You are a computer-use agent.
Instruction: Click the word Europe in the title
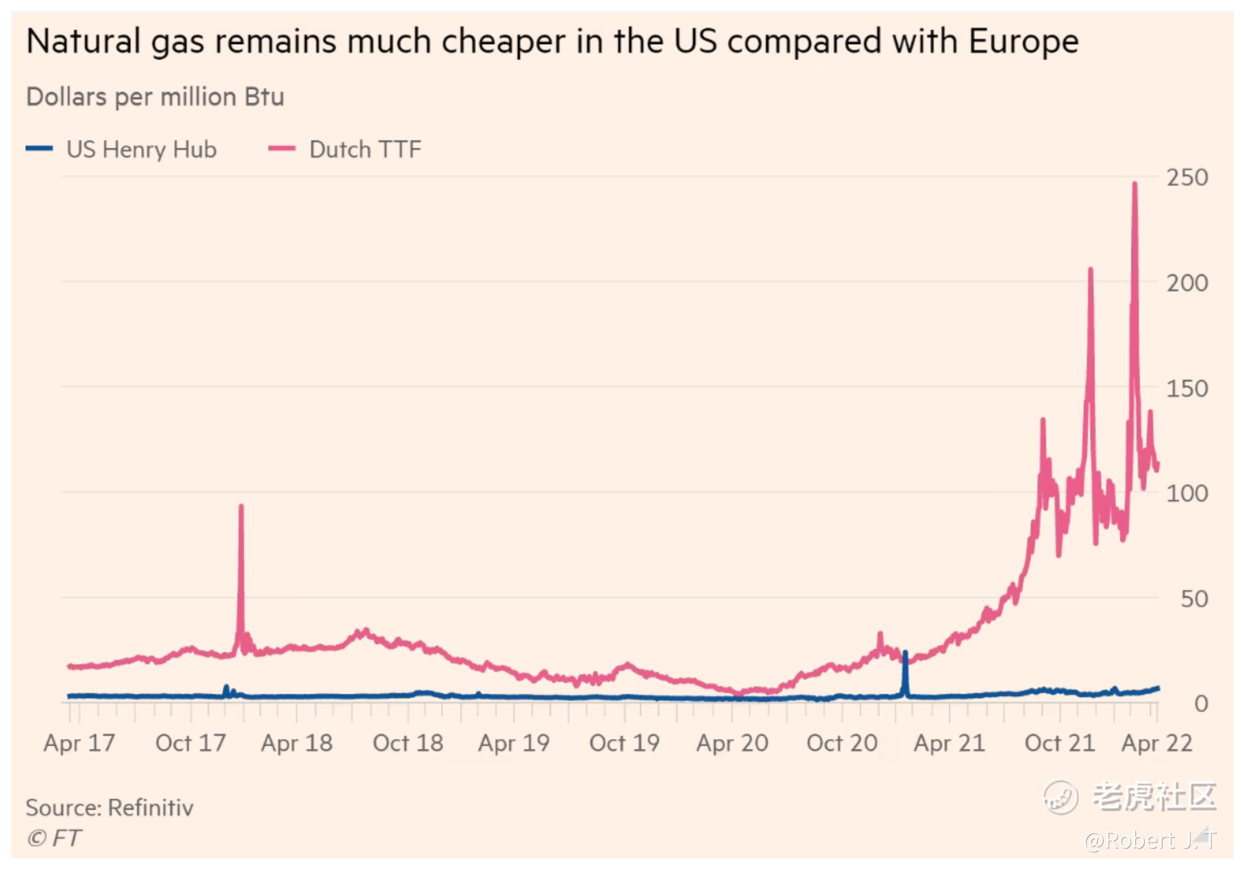click(x=1023, y=42)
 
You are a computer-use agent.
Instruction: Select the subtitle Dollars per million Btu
click(x=155, y=97)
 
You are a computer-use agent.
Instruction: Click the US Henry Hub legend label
click(x=141, y=150)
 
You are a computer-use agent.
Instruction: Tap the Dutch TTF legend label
click(x=365, y=150)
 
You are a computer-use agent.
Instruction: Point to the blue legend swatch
click(x=40, y=148)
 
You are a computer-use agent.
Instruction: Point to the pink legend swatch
click(x=282, y=148)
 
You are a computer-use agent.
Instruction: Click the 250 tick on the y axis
click(x=1186, y=177)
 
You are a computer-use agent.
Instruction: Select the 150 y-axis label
click(x=1186, y=389)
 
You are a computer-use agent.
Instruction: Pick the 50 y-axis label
click(x=1193, y=599)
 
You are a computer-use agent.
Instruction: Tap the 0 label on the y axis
click(x=1201, y=704)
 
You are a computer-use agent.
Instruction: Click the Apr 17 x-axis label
click(x=79, y=744)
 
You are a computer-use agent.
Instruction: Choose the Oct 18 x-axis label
click(x=408, y=744)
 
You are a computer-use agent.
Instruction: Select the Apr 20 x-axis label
click(x=732, y=744)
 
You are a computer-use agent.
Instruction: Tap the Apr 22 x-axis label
click(x=1157, y=744)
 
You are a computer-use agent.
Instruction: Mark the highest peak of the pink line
click(x=1135, y=184)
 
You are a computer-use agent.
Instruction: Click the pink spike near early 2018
click(x=241, y=507)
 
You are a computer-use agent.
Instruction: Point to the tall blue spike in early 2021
click(x=905, y=653)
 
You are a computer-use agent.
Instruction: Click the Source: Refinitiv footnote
click(x=110, y=808)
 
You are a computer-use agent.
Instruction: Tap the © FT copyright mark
click(x=54, y=839)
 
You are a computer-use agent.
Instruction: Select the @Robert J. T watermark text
click(x=1149, y=841)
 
